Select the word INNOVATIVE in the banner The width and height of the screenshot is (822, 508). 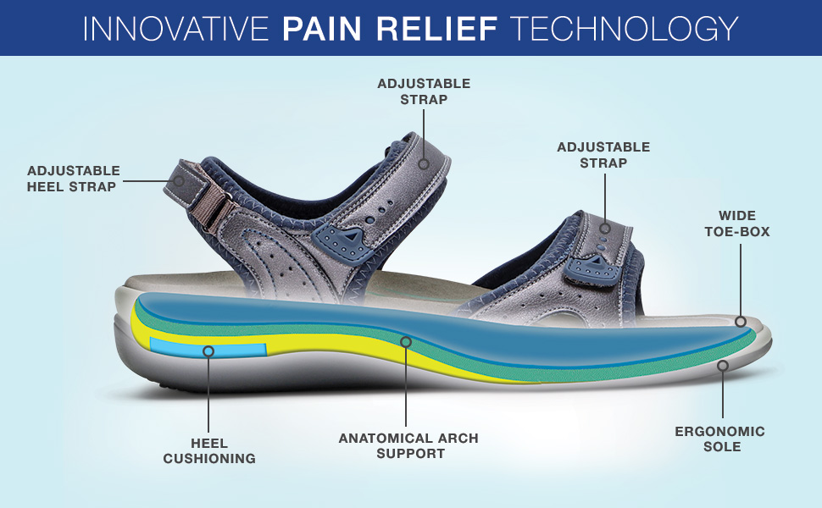point(176,28)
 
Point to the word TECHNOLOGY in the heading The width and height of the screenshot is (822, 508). point(624,28)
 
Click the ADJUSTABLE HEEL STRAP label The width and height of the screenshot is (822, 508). point(73,179)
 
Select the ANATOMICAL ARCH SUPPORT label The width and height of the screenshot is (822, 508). point(408,445)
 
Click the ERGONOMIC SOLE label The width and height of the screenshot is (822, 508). point(719,439)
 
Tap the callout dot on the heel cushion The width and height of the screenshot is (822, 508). point(208,350)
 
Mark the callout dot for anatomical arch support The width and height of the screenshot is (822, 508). point(406,342)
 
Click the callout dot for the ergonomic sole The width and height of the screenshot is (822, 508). point(722,366)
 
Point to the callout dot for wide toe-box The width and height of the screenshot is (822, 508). point(741,322)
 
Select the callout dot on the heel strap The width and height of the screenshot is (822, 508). point(179,180)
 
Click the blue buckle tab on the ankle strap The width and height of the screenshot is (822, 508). point(340,240)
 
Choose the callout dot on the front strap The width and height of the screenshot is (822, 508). point(605,228)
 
